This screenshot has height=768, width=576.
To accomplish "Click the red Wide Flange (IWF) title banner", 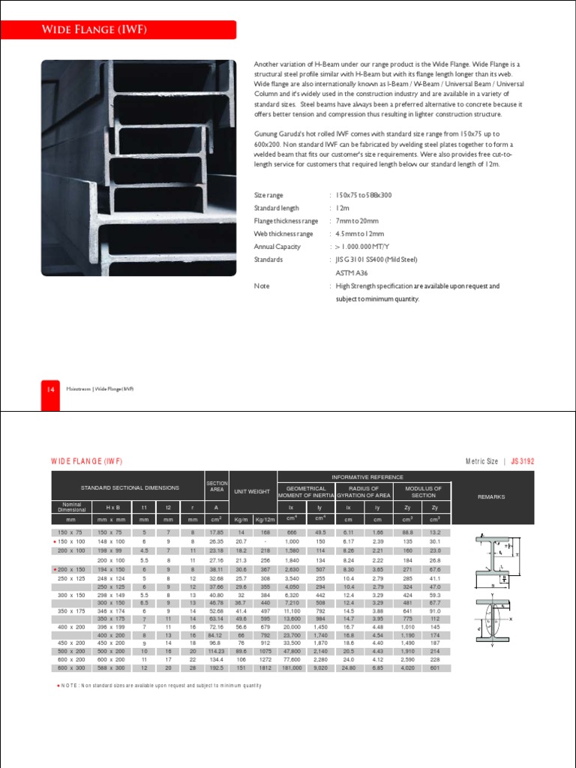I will (138, 30).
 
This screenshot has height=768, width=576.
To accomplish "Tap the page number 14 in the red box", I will (50, 389).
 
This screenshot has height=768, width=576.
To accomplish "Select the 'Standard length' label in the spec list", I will (277, 208).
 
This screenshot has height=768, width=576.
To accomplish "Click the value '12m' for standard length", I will (342, 208).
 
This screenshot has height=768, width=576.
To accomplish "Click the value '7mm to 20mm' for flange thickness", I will (357, 221).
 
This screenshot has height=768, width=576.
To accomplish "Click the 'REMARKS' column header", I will (491, 496).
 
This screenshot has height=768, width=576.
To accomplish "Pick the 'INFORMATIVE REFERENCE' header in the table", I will (364, 477).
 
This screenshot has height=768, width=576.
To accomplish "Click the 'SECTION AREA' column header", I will (216, 487).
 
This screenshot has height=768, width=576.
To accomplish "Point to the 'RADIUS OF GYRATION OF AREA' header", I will (364, 492).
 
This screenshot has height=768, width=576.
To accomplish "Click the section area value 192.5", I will (216, 667).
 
